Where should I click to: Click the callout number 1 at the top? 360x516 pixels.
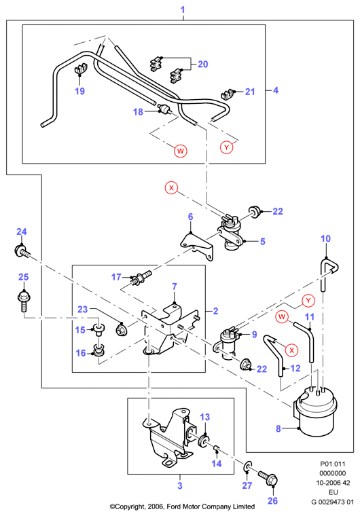click(183, 10)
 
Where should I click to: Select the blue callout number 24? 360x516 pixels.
click(22, 232)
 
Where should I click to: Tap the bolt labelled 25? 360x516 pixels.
click(23, 300)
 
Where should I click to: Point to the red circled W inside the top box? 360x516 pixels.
click(180, 151)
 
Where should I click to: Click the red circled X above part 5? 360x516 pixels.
click(171, 188)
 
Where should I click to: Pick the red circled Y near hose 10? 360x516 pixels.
click(308, 301)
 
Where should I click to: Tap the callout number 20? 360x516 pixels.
click(203, 64)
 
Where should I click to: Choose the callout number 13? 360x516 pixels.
click(205, 417)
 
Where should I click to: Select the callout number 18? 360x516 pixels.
click(138, 112)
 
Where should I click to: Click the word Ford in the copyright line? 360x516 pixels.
click(173, 506)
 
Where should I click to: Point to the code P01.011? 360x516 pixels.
click(333, 464)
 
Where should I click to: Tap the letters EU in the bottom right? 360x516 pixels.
click(333, 492)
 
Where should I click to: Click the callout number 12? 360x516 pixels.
click(295, 368)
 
